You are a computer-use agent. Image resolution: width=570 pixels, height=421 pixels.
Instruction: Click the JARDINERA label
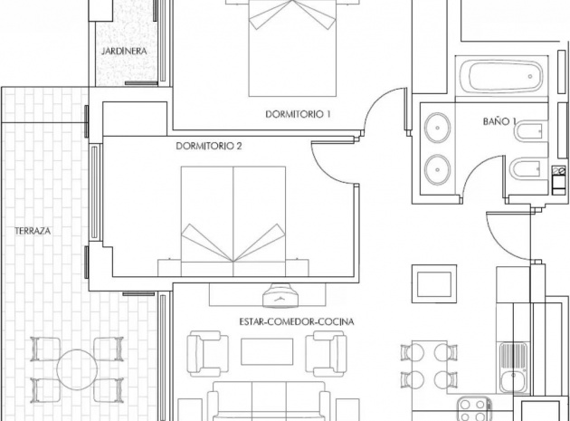click(124, 52)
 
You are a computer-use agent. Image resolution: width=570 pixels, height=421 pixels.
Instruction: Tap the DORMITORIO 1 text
click(299, 114)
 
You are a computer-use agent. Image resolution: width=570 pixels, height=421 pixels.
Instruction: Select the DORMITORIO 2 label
click(209, 145)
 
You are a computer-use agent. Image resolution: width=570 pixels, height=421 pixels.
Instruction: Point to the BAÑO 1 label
click(499, 120)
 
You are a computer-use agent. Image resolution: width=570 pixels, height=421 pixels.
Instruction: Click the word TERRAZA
click(33, 232)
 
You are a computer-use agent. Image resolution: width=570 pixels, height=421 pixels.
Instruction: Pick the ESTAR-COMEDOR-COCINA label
click(296, 321)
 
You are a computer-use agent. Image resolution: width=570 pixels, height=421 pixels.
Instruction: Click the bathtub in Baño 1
click(502, 78)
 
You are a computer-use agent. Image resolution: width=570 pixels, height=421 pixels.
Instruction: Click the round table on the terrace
click(77, 368)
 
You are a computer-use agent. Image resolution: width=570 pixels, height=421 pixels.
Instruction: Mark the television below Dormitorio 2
click(281, 295)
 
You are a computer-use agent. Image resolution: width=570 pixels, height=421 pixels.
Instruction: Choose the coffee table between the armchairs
click(267, 351)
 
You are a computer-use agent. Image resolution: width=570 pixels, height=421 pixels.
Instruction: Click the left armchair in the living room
click(207, 353)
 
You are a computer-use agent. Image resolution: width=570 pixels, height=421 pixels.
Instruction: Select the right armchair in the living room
click(325, 353)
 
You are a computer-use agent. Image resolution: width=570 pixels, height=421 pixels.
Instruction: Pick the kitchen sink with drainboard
click(513, 360)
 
